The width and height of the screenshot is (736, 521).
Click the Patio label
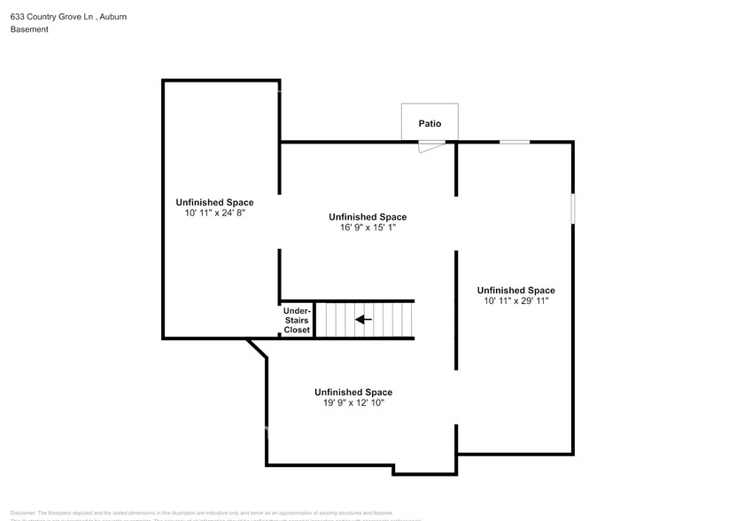click(430, 124)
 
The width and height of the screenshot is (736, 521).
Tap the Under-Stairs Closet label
click(297, 320)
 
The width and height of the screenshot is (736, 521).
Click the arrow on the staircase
click(363, 319)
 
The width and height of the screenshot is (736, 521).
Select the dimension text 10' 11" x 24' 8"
click(214, 214)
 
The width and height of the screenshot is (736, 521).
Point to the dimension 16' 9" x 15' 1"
click(368, 228)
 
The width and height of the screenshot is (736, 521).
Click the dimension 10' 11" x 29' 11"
click(515, 301)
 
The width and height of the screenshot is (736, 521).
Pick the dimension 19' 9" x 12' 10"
click(353, 403)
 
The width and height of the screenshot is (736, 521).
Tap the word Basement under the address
click(29, 29)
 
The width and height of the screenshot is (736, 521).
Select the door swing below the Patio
click(432, 146)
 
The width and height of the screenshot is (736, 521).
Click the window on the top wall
click(515, 142)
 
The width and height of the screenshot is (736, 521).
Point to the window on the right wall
click(572, 209)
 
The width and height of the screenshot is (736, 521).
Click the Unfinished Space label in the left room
click(214, 202)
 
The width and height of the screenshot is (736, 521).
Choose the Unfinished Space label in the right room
click(515, 290)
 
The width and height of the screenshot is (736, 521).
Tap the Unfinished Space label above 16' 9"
click(368, 216)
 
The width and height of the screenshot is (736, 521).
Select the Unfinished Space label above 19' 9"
click(353, 392)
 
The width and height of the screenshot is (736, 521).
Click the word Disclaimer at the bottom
click(22, 513)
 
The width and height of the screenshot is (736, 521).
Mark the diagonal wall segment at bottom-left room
click(258, 348)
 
